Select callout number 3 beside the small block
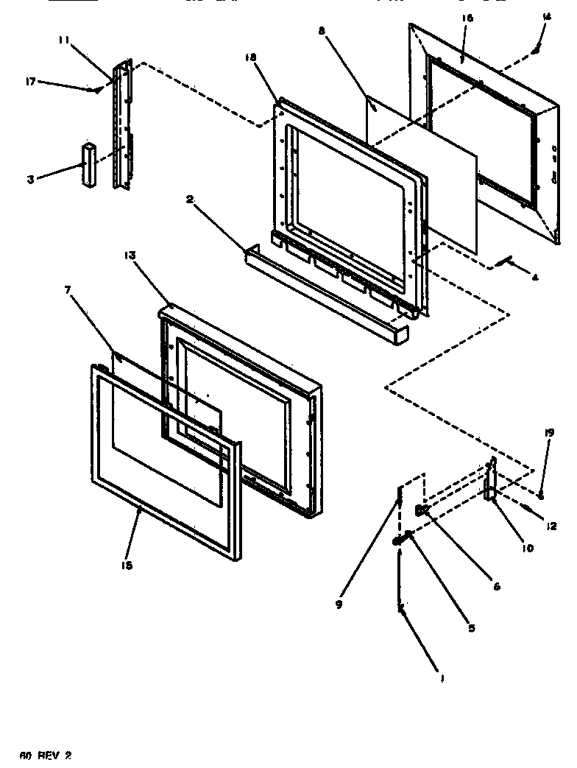30,179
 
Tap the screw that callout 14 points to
537,49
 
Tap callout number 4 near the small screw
534,278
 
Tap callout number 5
471,627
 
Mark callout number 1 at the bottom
442,680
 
